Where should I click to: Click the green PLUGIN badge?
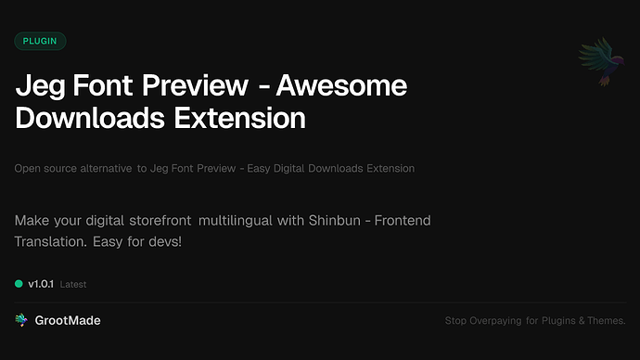(x=40, y=41)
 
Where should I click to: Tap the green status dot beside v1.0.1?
(x=19, y=283)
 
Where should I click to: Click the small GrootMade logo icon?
(x=21, y=320)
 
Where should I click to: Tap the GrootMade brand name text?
(x=68, y=320)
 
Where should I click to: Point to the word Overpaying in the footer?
(x=497, y=321)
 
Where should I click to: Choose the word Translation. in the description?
(x=52, y=241)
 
